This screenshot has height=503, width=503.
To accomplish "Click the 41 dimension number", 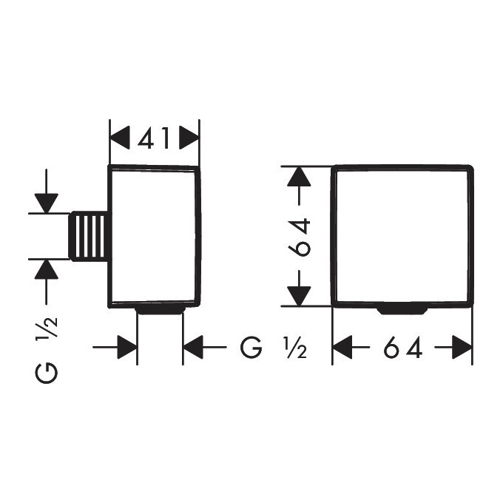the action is tap(154, 138).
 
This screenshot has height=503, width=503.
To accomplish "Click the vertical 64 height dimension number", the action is tap(300, 237).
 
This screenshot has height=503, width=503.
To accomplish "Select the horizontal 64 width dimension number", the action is tap(402, 348).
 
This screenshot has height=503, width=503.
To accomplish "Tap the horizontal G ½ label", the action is tap(273, 348).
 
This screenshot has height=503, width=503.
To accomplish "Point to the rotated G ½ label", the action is tap(47, 350).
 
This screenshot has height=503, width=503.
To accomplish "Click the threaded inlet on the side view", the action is tap(89, 237).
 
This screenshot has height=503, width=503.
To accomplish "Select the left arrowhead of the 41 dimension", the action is tap(120, 138).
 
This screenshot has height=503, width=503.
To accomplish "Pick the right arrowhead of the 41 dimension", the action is tap(189, 138).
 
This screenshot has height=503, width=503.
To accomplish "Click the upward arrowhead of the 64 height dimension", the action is tap(299, 176).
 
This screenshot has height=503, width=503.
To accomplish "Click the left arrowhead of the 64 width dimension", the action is tap(342, 348).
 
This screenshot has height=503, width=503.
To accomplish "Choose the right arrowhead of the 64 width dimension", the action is tap(462, 348).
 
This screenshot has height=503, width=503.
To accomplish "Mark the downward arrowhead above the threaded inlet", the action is tap(47, 203).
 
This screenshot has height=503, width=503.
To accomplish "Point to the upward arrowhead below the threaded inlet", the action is tap(47, 269).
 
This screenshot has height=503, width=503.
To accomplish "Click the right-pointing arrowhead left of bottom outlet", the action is tap(127, 348).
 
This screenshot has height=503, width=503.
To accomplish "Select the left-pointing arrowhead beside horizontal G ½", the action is tap(193, 348).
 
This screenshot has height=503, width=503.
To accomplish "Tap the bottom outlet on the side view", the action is tap(160, 310).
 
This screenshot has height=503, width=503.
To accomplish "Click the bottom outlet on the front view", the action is tap(402, 310).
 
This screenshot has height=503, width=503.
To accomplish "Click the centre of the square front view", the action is tap(402, 237).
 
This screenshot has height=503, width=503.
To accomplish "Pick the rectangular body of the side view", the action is tap(155, 237).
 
